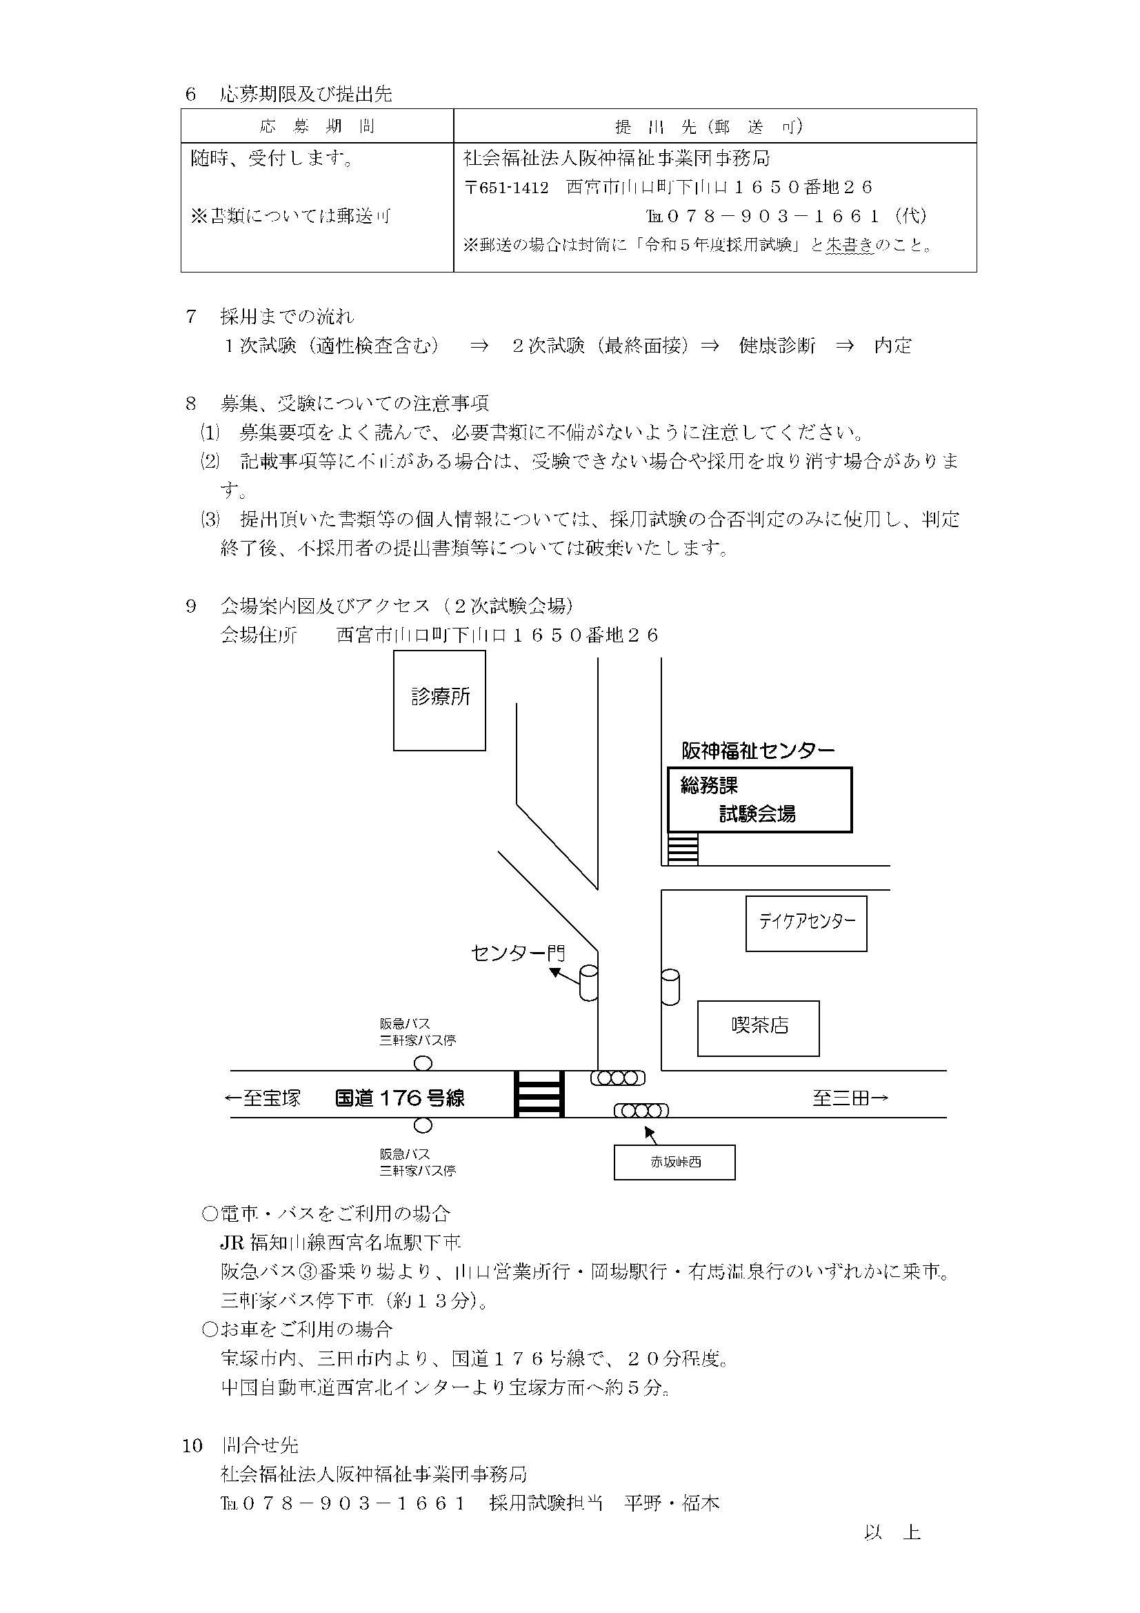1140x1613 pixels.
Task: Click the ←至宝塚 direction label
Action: click(262, 1098)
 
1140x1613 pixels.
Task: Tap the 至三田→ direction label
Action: click(850, 1098)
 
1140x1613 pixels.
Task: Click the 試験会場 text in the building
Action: click(757, 814)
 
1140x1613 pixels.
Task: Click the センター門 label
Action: click(518, 953)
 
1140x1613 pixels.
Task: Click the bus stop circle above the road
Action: click(423, 1064)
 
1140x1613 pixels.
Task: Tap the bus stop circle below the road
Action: click(423, 1125)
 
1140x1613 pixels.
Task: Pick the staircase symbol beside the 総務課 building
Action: click(683, 848)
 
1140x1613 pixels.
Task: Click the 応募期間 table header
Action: click(317, 126)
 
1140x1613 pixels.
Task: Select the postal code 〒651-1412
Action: click(506, 188)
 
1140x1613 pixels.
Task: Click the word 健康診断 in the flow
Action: click(777, 346)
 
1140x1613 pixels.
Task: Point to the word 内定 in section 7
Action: click(892, 346)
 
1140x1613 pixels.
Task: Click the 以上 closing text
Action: click(892, 1532)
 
